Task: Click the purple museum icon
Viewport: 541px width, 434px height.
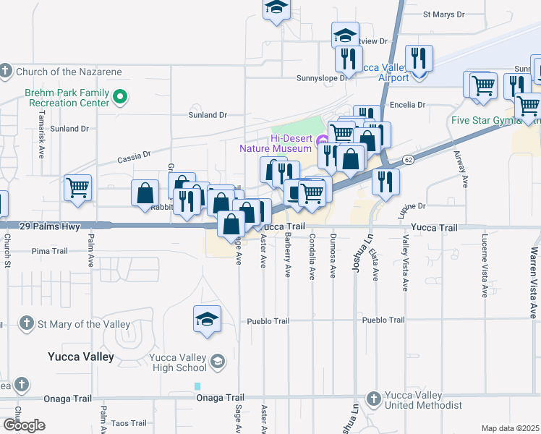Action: pyautogui.click(x=322, y=138)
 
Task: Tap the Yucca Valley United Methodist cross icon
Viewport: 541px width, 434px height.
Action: pyautogui.click(x=373, y=399)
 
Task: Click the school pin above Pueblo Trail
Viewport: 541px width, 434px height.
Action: pyautogui.click(x=207, y=318)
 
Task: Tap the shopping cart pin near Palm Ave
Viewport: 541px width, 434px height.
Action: pyautogui.click(x=77, y=188)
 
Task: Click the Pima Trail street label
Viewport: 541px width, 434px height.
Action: pyautogui.click(x=50, y=251)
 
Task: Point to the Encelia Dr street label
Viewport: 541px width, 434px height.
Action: pyautogui.click(x=408, y=105)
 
